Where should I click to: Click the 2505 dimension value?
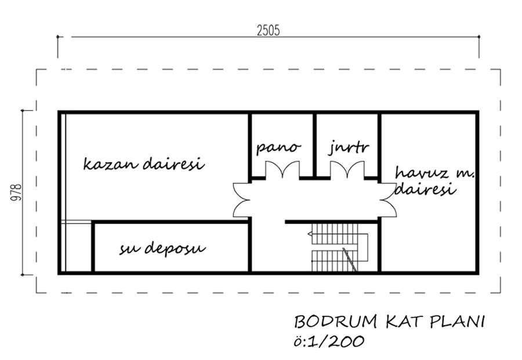pyautogui.click(x=269, y=30)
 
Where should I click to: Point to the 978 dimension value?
pyautogui.click(x=16, y=192)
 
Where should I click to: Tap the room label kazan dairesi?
pyautogui.click(x=144, y=163)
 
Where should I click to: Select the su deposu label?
pyautogui.click(x=162, y=249)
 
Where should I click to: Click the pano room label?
pyautogui.click(x=278, y=147)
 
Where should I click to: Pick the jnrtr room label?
pyautogui.click(x=349, y=147)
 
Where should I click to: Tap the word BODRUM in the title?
pyautogui.click(x=336, y=322)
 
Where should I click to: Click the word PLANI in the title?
pyautogui.click(x=457, y=322)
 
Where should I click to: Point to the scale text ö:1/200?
pyautogui.click(x=329, y=341)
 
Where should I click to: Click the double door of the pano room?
pyautogui.click(x=282, y=170)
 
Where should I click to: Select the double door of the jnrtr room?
pyautogui.click(x=347, y=170)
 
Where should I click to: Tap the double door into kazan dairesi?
pyautogui.click(x=241, y=200)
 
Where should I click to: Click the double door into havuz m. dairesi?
pyautogui.click(x=388, y=200)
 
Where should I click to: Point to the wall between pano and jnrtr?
pyautogui.click(x=314, y=145)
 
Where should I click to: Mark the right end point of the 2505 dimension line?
pyautogui.click(x=479, y=37)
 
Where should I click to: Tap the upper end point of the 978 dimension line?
pyautogui.click(x=23, y=110)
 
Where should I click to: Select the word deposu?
pyautogui.click(x=175, y=249)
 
